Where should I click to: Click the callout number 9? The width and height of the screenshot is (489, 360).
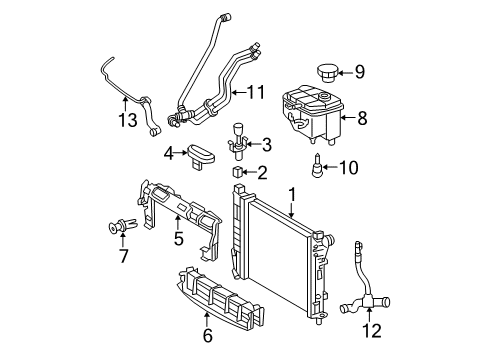[x=359, y=72]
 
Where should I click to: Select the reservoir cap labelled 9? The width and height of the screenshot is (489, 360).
[x=326, y=73]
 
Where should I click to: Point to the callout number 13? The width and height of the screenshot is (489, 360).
[x=128, y=120]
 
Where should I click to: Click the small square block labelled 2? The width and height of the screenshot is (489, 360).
[x=237, y=172]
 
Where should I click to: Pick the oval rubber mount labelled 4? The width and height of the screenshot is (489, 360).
[x=201, y=156]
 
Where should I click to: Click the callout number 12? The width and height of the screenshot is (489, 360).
[x=372, y=330]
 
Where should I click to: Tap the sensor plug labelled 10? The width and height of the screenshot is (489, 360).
[x=318, y=165]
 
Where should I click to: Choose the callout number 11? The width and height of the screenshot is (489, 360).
[x=256, y=92]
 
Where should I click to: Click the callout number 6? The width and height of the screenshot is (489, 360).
[x=207, y=335]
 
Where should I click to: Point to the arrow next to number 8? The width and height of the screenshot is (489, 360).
[x=348, y=117]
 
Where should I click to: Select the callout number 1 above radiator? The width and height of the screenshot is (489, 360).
[x=292, y=195]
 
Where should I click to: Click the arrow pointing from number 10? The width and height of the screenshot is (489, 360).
[x=330, y=167]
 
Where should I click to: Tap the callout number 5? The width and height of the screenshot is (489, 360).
[x=179, y=238]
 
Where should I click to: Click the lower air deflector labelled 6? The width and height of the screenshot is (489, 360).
[x=220, y=298]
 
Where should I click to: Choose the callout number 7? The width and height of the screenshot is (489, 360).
[x=123, y=256]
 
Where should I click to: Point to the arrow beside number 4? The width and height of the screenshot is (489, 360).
[x=181, y=153]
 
